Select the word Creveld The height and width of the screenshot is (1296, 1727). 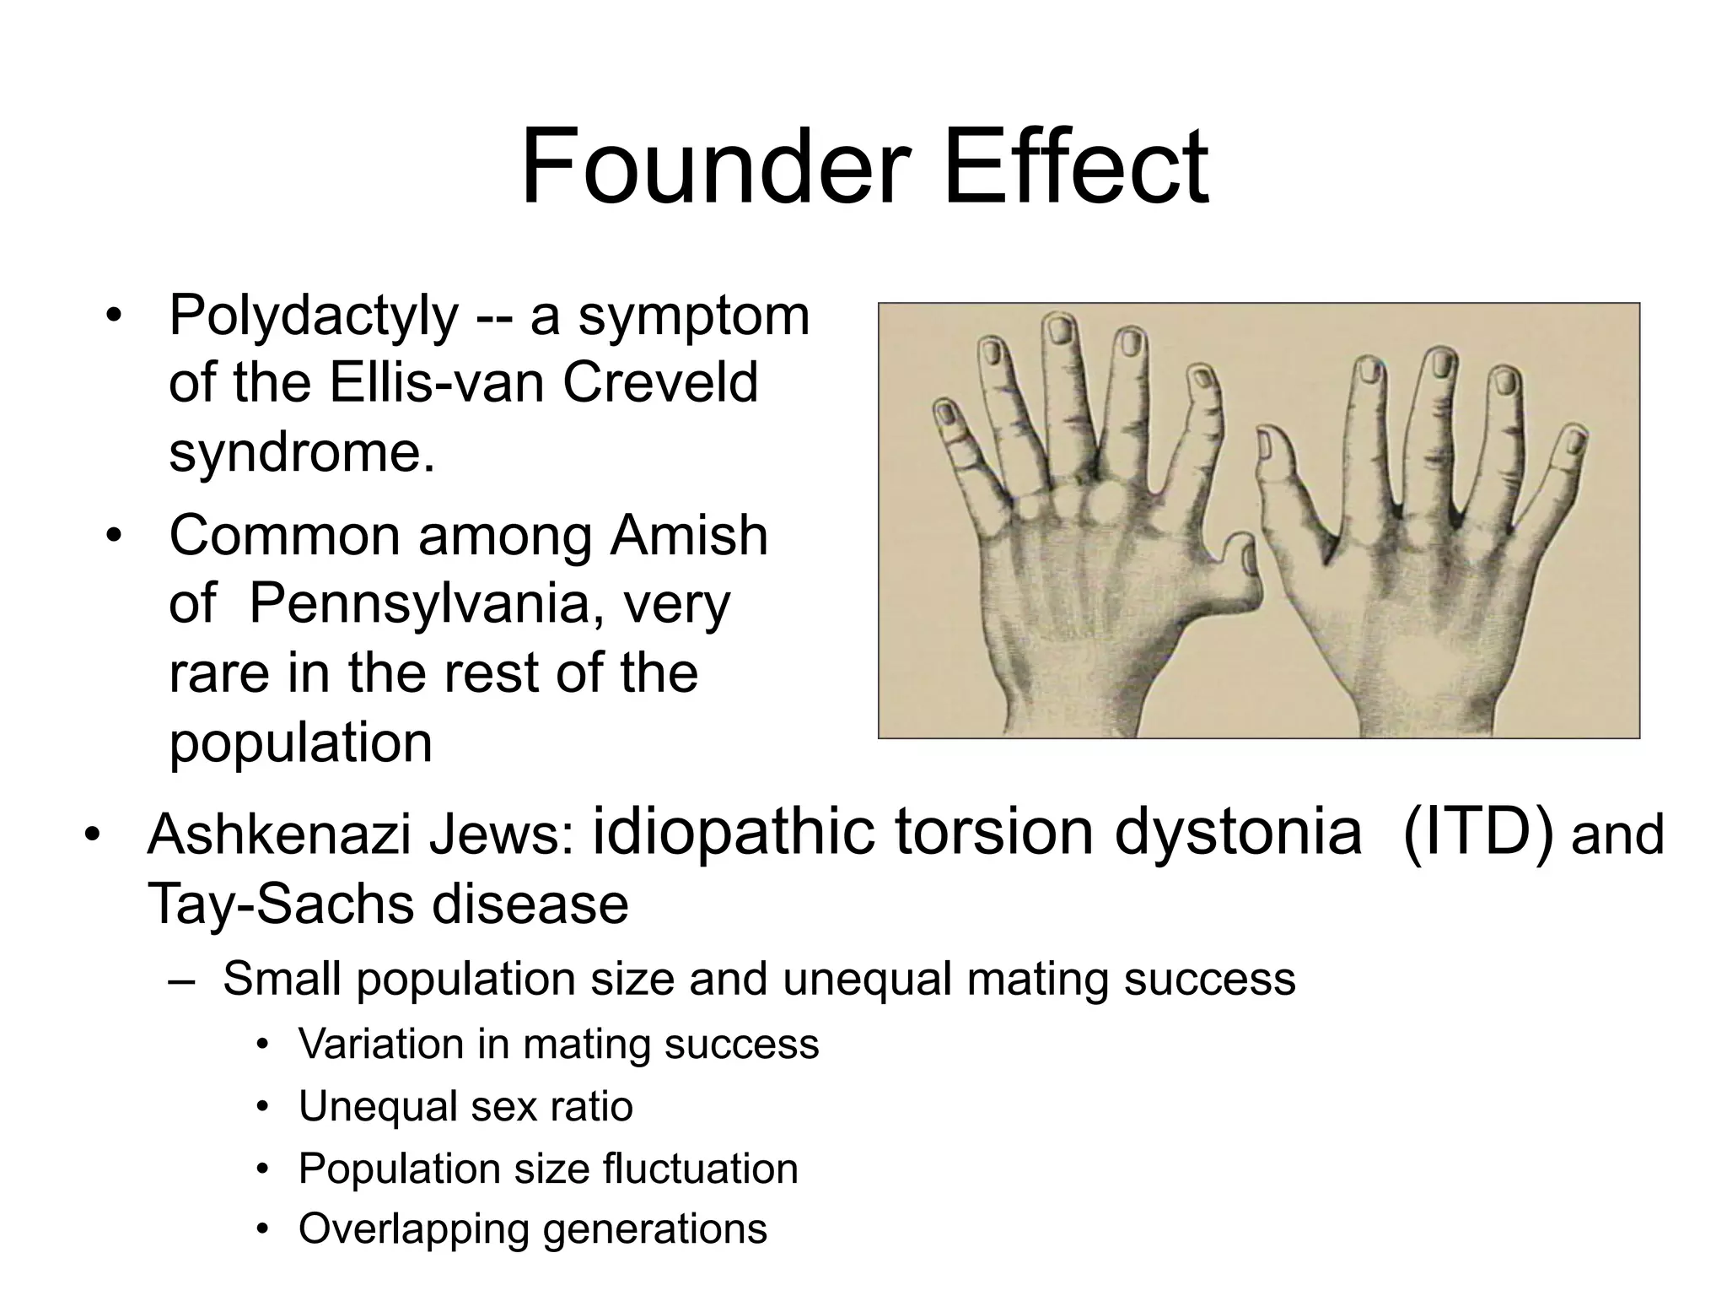point(660,384)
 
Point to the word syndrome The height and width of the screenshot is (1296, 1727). point(302,452)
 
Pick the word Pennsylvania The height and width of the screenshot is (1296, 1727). point(419,604)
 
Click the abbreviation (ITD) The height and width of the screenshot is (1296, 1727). point(1477,832)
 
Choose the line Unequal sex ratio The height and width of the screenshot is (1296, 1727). point(465,1106)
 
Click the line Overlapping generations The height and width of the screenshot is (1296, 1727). point(533,1228)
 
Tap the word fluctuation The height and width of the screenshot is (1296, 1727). point(700,1169)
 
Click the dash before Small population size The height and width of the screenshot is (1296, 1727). point(181,980)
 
